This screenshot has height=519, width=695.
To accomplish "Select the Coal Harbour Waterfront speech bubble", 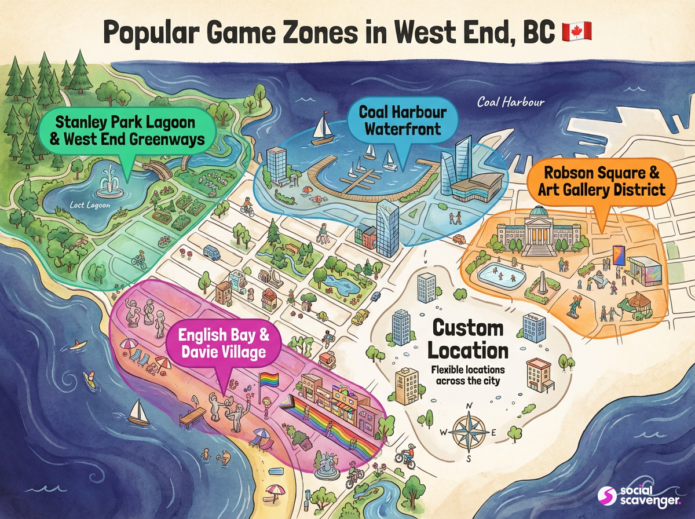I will coord(399,120).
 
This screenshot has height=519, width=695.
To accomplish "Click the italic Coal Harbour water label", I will coord(511,103).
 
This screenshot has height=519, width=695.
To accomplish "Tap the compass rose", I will coord(468,432).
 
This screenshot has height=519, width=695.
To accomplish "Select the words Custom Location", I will coord(470,339).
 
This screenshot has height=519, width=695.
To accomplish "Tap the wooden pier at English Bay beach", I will coord(192,416).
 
